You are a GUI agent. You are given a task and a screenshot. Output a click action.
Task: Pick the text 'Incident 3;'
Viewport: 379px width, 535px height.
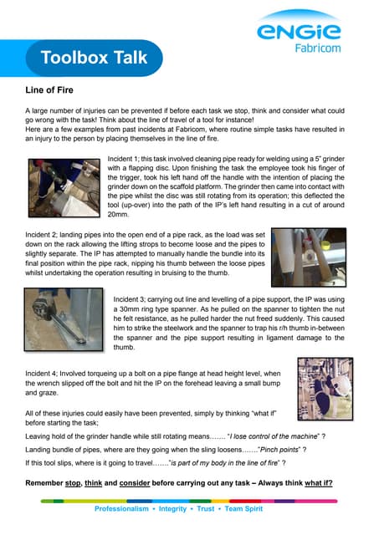point(135,296)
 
